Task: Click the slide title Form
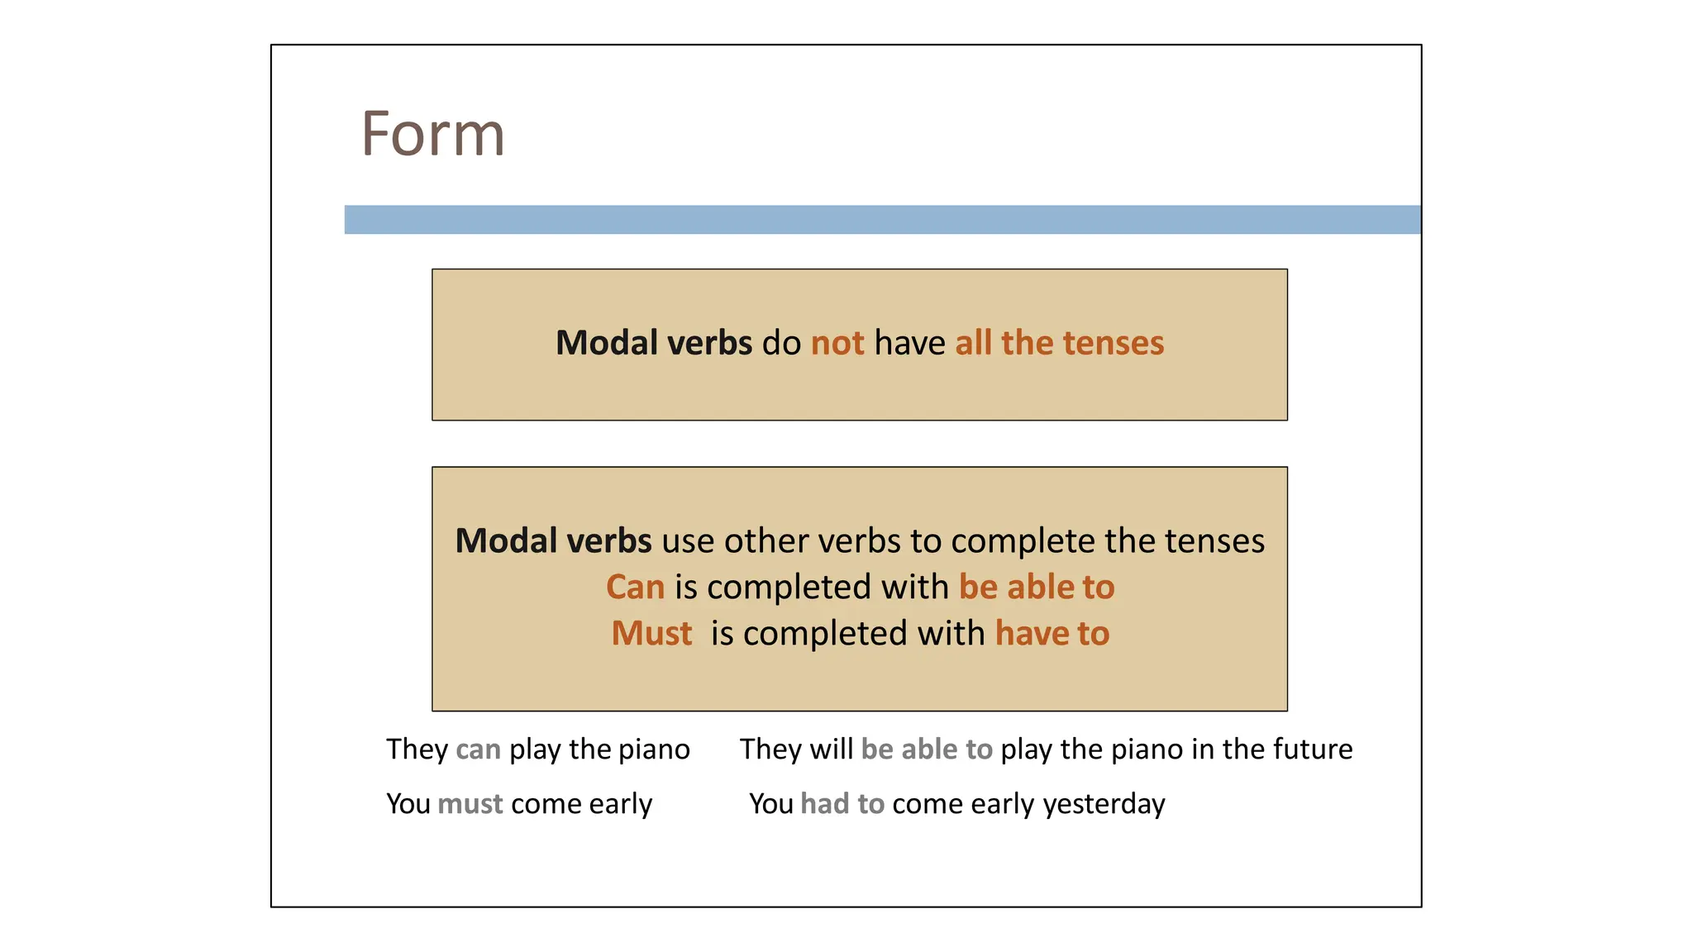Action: [x=432, y=134]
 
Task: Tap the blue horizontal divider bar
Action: [x=882, y=220]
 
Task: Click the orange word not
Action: [x=837, y=343]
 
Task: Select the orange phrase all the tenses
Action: [x=1059, y=343]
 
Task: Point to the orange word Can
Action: [x=635, y=588]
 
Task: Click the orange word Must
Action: [x=651, y=634]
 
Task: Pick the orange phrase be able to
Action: [x=1037, y=588]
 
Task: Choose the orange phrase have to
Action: [x=1052, y=634]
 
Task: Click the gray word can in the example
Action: [x=478, y=750]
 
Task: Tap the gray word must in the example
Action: [x=470, y=804]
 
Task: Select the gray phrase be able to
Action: [x=927, y=750]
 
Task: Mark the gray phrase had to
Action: [x=842, y=804]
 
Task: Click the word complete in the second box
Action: [x=1023, y=541]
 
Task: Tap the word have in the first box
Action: [x=909, y=343]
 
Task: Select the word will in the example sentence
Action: [x=831, y=750]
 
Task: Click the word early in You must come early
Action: [x=621, y=804]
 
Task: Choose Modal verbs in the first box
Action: [x=654, y=343]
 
